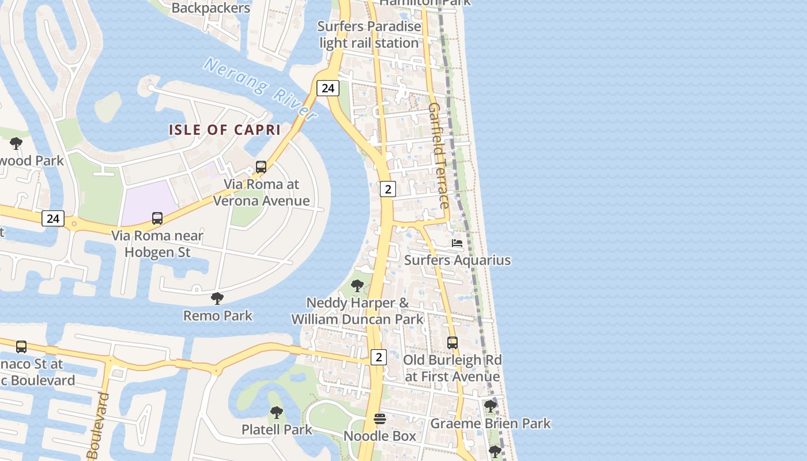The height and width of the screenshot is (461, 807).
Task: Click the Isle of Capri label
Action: tap(225, 130)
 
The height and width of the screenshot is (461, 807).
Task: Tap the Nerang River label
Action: tap(260, 89)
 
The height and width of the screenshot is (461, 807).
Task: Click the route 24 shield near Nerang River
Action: tap(327, 88)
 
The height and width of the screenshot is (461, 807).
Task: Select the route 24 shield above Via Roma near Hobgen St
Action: tap(52, 218)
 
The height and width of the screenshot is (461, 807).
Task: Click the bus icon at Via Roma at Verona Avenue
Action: tap(261, 167)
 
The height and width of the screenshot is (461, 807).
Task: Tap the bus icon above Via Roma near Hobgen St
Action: tap(157, 218)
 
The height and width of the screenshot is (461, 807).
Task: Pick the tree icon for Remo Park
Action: tap(217, 298)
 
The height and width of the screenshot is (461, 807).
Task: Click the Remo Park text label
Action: tap(218, 316)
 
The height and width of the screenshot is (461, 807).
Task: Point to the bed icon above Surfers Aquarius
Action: tap(457, 243)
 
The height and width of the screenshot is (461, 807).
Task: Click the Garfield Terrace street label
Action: tap(438, 156)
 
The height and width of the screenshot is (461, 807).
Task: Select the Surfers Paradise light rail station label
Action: tap(369, 35)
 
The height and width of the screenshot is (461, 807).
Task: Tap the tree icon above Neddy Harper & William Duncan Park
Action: tap(357, 285)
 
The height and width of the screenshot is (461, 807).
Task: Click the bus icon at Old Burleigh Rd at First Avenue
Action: tap(452, 343)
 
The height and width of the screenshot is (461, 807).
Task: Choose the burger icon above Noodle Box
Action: tap(379, 419)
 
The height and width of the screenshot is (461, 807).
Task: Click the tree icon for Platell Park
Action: tap(277, 413)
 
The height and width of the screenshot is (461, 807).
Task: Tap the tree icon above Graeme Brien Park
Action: tap(491, 406)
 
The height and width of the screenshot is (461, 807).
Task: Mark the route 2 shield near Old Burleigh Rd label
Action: tap(378, 357)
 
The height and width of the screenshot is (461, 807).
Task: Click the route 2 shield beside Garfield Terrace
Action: tap(388, 188)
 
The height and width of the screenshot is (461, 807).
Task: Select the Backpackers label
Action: tap(211, 8)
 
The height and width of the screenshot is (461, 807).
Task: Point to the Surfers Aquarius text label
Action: tap(457, 260)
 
